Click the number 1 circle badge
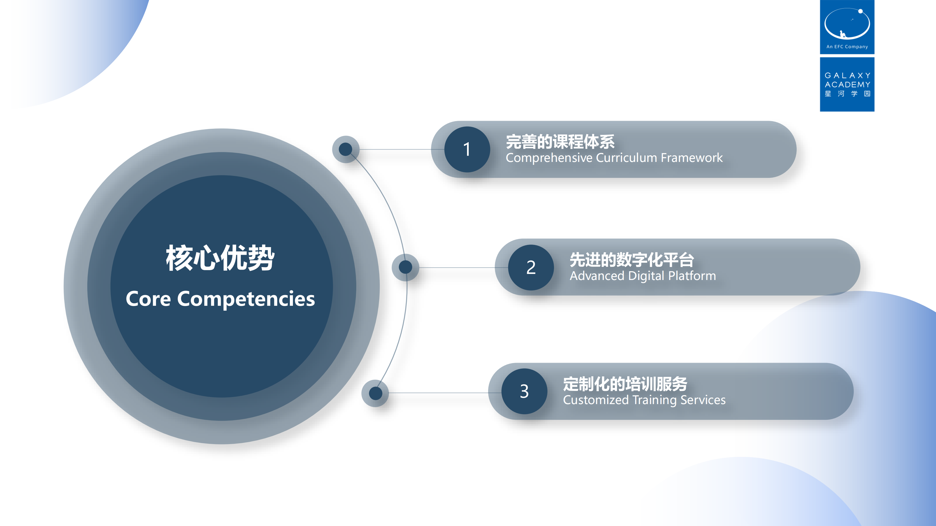[467, 149]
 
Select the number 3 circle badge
[524, 391]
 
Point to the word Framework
[692, 158]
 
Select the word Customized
[596, 400]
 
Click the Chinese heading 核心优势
[220, 258]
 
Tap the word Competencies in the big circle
[246, 299]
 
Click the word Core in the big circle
[148, 299]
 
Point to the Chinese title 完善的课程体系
[560, 142]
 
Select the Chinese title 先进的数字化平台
[632, 259]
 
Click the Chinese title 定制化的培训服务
[625, 384]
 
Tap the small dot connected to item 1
[346, 149]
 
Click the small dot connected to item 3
[375, 393]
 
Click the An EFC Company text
[847, 47]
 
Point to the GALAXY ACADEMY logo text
[847, 80]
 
